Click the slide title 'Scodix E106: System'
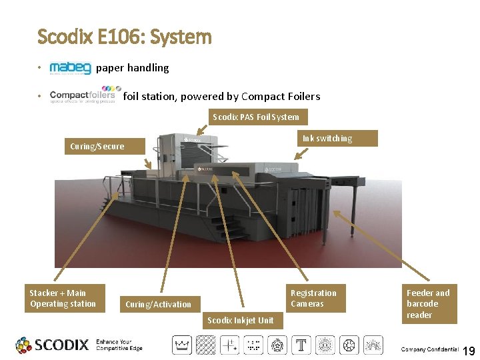pyautogui.click(x=125, y=36)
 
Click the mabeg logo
pyautogui.click(x=71, y=68)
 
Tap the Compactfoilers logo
pyautogui.click(x=85, y=96)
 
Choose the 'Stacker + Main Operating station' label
pyautogui.click(x=63, y=299)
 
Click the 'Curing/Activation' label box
pyautogui.click(x=158, y=305)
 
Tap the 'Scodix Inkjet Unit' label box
pyautogui.click(x=240, y=321)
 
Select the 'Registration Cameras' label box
pyautogui.click(x=313, y=299)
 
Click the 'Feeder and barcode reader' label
pyautogui.click(x=428, y=304)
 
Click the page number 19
pyautogui.click(x=469, y=350)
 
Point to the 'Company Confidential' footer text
pyautogui.click(x=429, y=350)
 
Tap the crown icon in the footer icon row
pyautogui.click(x=182, y=345)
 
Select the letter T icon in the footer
pyautogui.click(x=301, y=345)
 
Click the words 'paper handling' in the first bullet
pyautogui.click(x=133, y=68)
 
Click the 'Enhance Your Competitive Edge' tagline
pyautogui.click(x=119, y=344)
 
